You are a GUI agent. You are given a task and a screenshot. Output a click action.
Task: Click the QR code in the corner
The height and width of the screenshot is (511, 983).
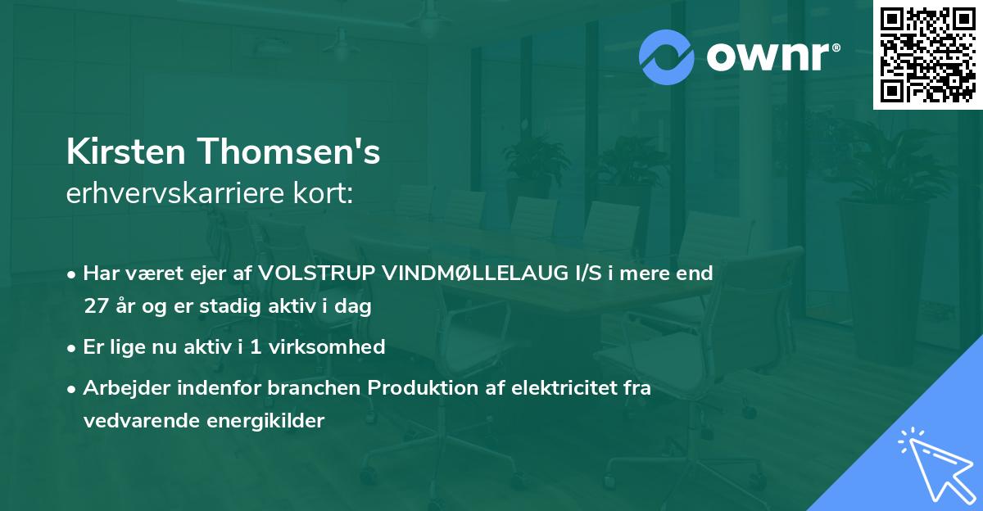927,55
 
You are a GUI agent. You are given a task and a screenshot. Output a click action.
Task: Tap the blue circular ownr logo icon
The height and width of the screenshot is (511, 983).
666,57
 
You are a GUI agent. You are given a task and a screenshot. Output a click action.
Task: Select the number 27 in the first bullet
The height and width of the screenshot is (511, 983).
94,307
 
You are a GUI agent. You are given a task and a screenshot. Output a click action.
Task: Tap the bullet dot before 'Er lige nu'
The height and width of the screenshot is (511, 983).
73,348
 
